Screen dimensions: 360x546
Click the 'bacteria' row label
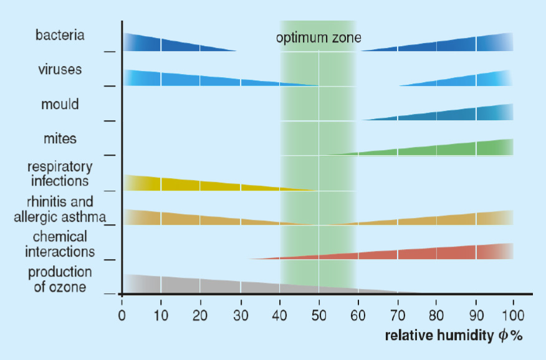(x=60, y=34)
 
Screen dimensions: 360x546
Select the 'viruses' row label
(x=60, y=69)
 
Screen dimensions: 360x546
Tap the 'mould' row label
(x=60, y=104)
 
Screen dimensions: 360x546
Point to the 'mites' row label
(x=60, y=138)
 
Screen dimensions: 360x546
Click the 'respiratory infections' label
(x=60, y=174)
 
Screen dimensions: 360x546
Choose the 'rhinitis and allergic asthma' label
(x=60, y=210)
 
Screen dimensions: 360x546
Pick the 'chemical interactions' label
(x=60, y=245)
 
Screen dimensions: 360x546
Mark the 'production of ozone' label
(x=60, y=280)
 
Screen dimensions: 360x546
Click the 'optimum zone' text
(x=318, y=38)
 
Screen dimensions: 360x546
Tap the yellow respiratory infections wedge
(x=175, y=184)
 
